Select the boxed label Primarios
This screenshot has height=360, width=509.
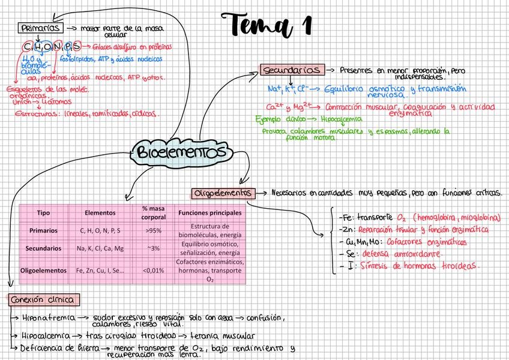click(x=40, y=28)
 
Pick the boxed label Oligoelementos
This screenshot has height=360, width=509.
click(x=222, y=193)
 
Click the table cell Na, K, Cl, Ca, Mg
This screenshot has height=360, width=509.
click(x=100, y=248)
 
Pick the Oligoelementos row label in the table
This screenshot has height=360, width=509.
click(x=43, y=271)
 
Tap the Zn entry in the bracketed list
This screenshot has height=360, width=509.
click(x=345, y=230)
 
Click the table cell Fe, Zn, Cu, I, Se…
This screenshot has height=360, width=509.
click(x=100, y=271)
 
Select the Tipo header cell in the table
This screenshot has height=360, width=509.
click(x=43, y=213)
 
